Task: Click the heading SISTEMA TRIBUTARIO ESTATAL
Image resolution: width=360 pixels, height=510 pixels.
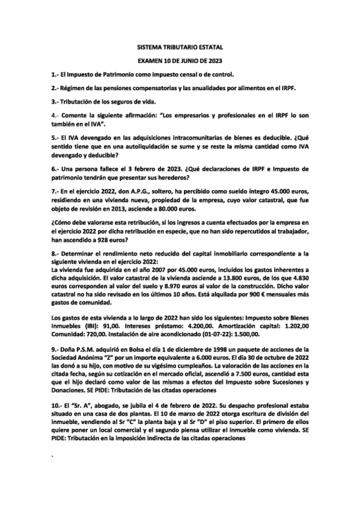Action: point(180,47)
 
